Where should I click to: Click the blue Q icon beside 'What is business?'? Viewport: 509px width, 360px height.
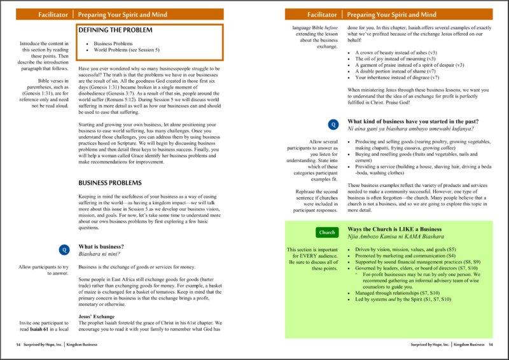click(62, 249)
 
